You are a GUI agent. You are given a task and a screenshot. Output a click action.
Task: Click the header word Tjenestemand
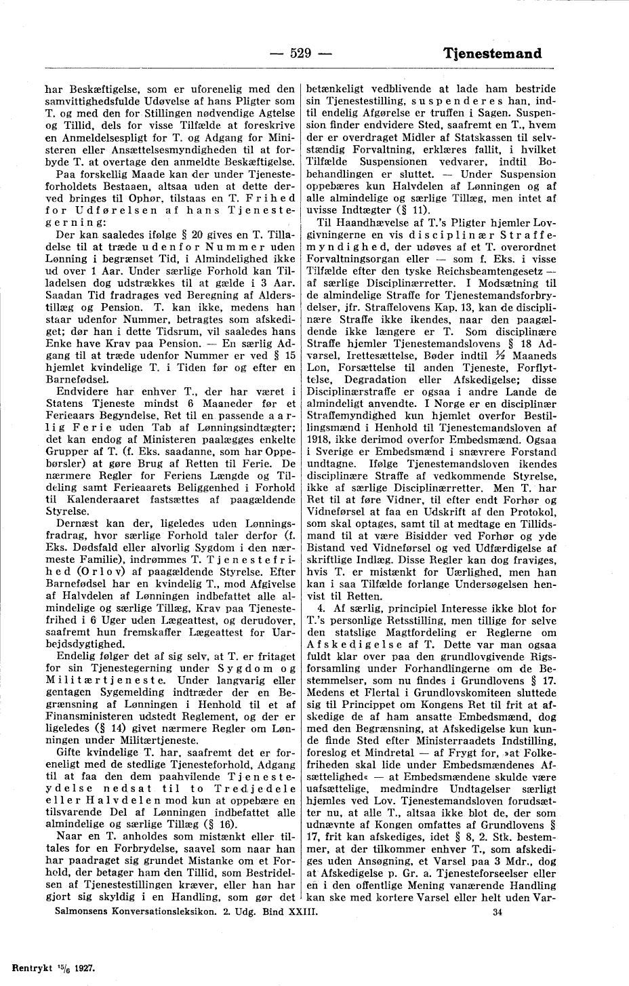coord(493,54)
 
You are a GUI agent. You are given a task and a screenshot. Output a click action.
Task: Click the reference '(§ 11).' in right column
coord(402,208)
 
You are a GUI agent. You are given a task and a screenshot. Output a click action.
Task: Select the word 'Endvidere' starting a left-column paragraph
coord(78,392)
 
